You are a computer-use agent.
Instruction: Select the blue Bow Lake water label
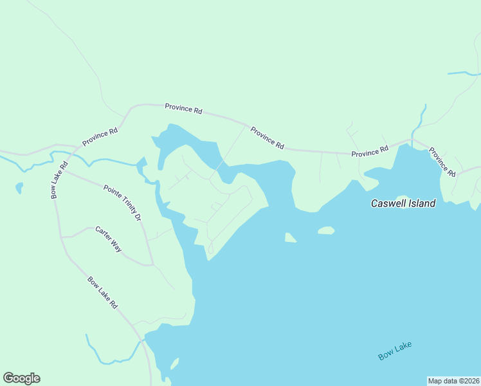click(395, 351)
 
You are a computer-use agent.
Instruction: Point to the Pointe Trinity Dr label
click(122, 203)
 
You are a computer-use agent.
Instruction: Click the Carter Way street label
click(108, 239)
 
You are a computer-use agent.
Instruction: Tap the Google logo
click(21, 378)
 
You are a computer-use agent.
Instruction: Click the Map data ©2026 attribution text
click(454, 381)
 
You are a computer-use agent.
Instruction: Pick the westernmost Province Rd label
click(100, 137)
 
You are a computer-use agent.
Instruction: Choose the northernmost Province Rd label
click(183, 108)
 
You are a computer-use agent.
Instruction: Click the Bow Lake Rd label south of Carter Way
click(102, 293)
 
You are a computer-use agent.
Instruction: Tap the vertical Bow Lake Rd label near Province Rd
click(59, 180)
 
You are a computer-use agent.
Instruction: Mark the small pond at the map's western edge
click(19, 188)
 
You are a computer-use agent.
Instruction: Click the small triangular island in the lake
click(290, 238)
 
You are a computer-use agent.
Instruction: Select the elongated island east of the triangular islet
click(326, 230)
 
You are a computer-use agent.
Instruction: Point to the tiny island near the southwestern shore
click(174, 364)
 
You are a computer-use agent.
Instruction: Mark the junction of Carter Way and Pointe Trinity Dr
click(152, 264)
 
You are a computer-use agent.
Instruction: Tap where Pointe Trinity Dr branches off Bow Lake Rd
click(64, 170)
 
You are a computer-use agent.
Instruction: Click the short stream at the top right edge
click(463, 73)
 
